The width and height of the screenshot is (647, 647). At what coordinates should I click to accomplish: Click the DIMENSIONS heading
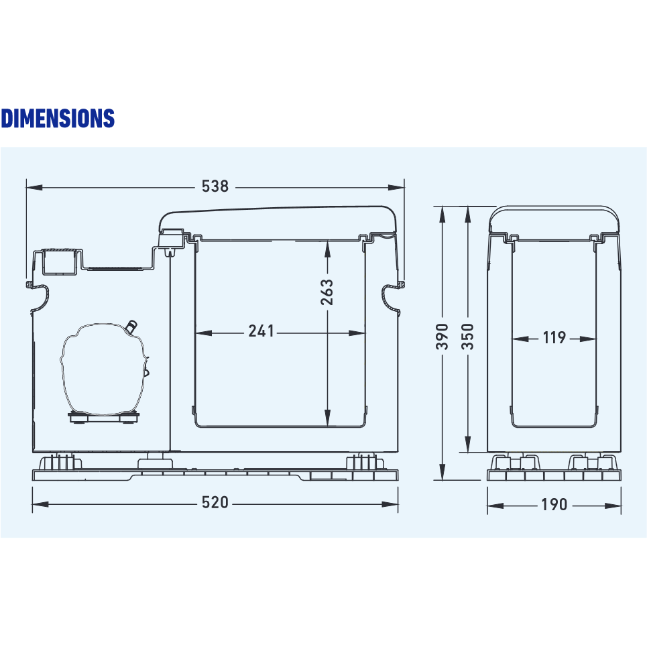pos(58,118)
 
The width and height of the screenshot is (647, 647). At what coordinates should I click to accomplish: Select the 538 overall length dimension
pos(215,186)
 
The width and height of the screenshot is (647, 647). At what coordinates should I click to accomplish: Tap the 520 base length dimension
pos(215,503)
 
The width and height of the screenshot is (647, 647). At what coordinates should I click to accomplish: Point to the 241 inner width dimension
pos(261,331)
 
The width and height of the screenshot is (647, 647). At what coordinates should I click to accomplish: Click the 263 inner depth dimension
pos(327,292)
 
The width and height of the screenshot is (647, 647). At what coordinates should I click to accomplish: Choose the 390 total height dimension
pos(442,337)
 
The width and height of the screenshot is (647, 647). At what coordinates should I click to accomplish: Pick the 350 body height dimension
pos(467,337)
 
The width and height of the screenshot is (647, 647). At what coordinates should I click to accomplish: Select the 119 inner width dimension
pos(554,337)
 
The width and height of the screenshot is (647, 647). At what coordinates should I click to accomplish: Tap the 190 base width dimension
pos(554,504)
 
